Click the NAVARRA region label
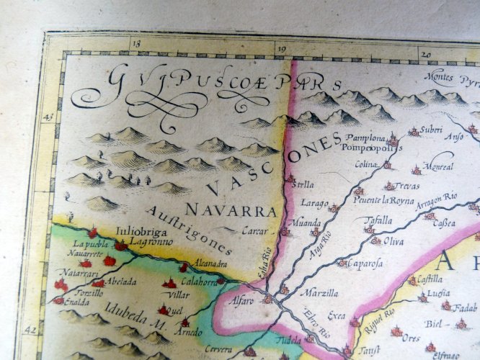point(231,210)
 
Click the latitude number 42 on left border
point(30,329)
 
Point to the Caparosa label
point(366,264)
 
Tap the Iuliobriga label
point(135,233)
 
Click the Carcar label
point(255,231)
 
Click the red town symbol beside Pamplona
point(393,140)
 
